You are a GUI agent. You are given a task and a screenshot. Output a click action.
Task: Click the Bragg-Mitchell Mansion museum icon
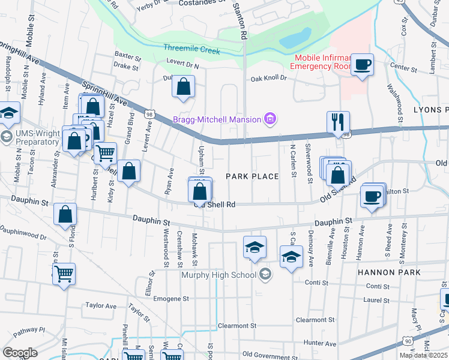(271, 119)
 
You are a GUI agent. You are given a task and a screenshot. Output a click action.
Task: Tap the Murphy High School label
(220, 275)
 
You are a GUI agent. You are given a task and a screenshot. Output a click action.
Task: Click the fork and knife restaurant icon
(337, 122)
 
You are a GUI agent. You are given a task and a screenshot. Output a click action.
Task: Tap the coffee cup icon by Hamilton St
(372, 196)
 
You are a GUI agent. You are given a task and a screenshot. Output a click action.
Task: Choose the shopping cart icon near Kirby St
(106, 153)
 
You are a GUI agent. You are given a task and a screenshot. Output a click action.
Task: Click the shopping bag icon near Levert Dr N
(184, 86)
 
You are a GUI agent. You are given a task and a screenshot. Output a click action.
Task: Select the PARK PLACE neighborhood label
(252, 176)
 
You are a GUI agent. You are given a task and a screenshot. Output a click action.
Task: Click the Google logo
(20, 353)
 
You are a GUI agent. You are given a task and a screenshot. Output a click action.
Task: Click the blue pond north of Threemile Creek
(295, 38)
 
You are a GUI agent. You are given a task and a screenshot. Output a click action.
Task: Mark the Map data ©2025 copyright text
(423, 355)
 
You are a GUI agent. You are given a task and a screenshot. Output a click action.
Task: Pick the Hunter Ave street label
(319, 342)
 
